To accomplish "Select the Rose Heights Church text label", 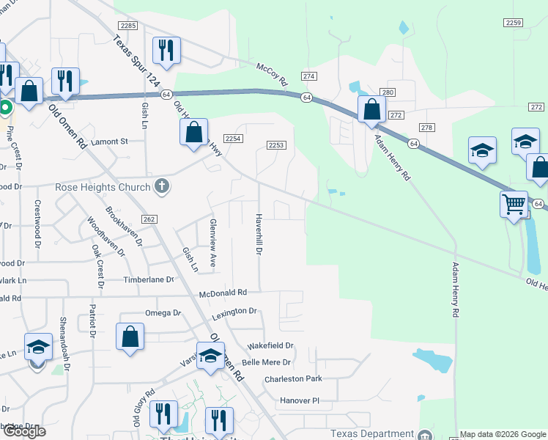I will (103, 187).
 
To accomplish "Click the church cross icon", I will (162, 187).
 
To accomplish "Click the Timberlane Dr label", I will (149, 279).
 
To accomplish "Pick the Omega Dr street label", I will (162, 313).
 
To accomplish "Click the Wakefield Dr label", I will (270, 345).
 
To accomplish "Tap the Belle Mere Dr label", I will (267, 362).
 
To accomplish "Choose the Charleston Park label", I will (293, 379).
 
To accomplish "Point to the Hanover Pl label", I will (300, 401).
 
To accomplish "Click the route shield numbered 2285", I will (129, 26).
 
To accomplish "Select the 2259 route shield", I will (514, 23).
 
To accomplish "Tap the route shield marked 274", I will (309, 76).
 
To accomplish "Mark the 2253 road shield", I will (275, 145).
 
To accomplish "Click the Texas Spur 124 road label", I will (136, 57).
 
